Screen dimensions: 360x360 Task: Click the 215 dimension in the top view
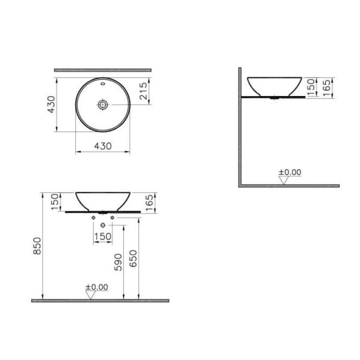143,91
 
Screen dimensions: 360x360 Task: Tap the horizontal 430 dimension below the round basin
102,146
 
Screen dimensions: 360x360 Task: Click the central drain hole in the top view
103,104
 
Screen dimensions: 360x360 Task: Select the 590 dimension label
118,262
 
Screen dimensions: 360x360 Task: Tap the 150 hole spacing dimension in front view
103,236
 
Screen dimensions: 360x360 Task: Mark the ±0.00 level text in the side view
290,172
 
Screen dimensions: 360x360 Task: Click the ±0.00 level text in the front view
97,287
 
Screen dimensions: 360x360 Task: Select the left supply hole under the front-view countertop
94,218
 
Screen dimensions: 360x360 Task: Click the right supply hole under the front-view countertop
112,218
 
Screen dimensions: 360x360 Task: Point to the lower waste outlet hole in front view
103,225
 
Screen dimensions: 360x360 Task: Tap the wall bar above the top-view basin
103,69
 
